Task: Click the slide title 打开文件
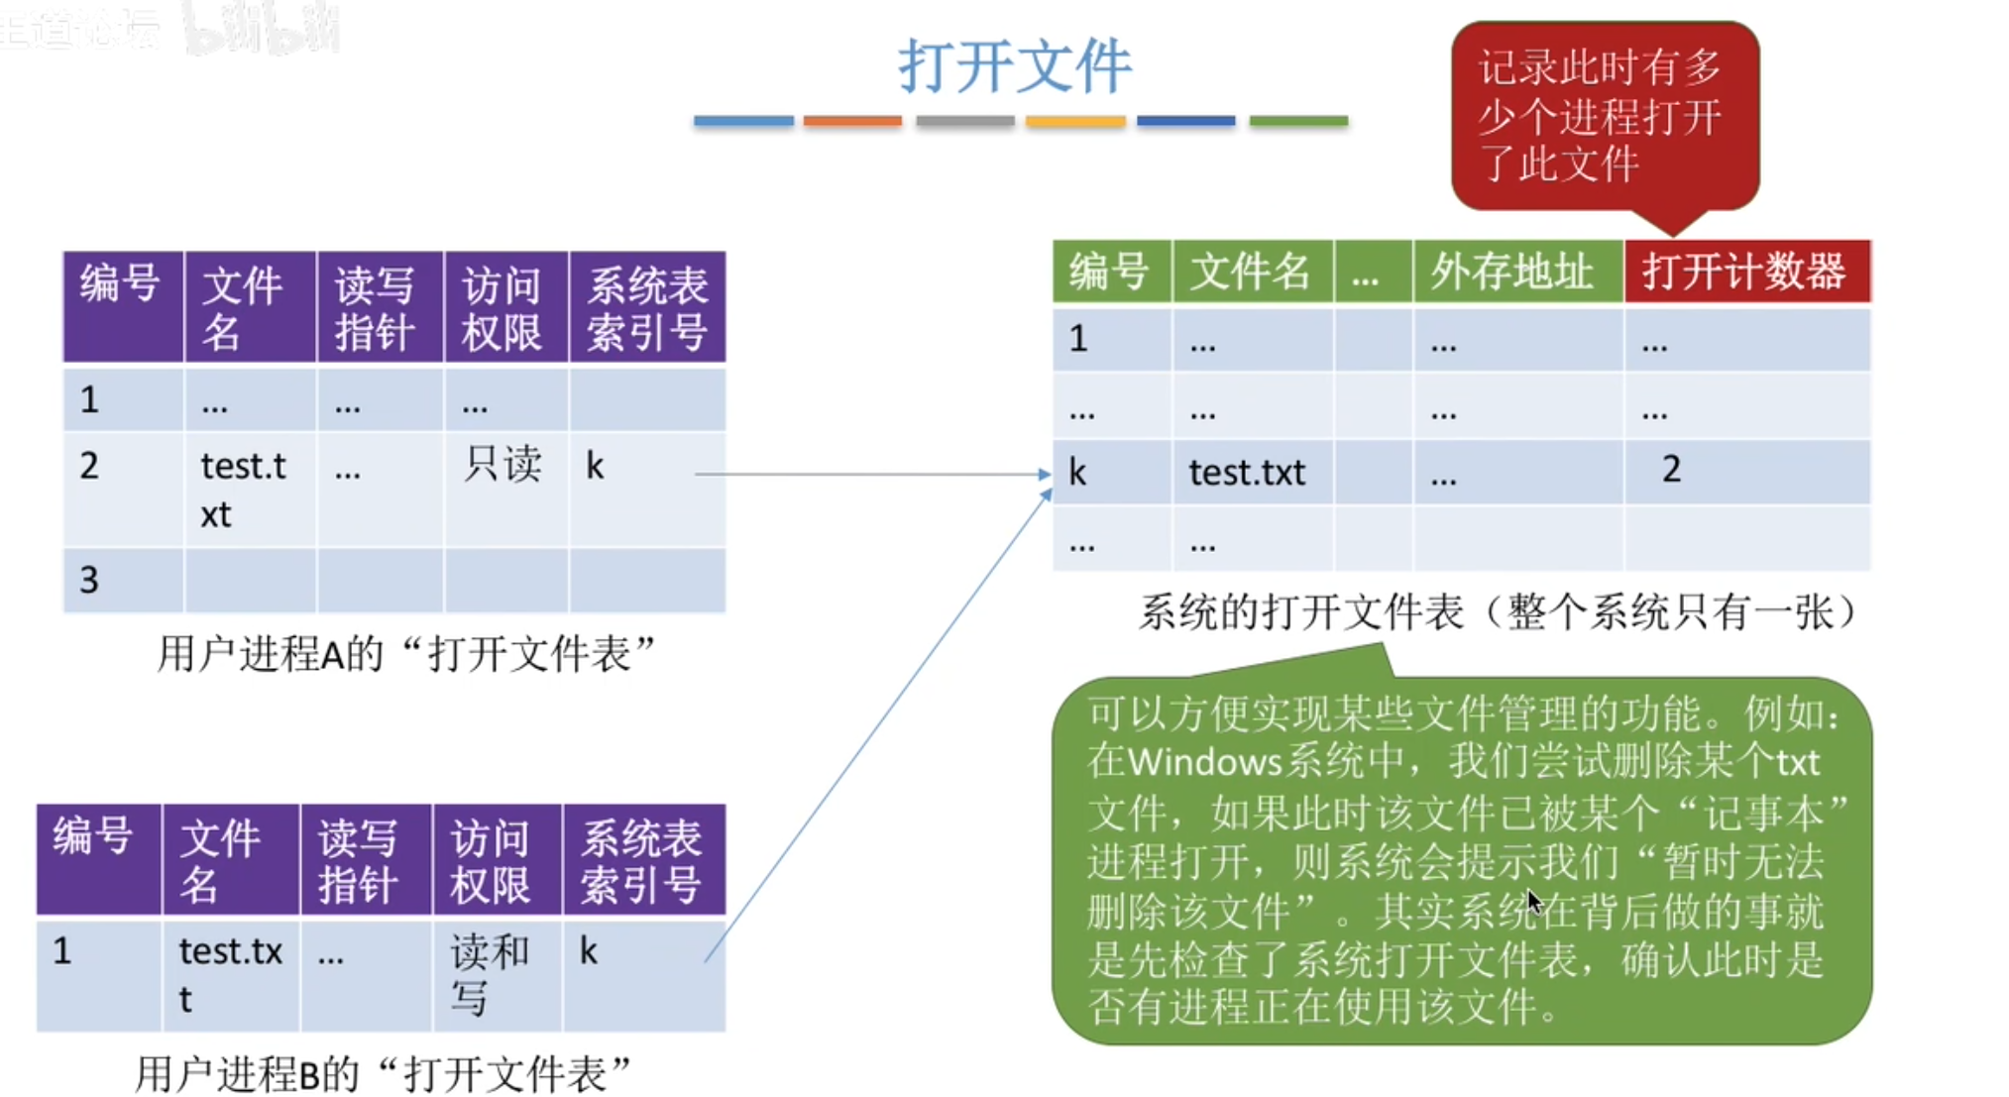(1014, 66)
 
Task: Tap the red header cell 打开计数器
(1744, 272)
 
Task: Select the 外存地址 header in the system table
(1512, 272)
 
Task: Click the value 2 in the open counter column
(1671, 469)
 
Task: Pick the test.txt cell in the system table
(1247, 473)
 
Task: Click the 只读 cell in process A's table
(502, 464)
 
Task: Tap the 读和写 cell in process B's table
(490, 974)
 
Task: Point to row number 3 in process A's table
(90, 580)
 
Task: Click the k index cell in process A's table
(595, 466)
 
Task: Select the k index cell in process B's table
(589, 951)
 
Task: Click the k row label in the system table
(1078, 473)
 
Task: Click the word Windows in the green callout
(1204, 762)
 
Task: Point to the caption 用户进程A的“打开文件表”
(406, 653)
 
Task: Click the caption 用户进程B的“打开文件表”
(383, 1073)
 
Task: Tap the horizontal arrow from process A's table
(872, 474)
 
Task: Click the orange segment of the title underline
(852, 121)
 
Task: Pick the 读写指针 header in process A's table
(375, 308)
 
